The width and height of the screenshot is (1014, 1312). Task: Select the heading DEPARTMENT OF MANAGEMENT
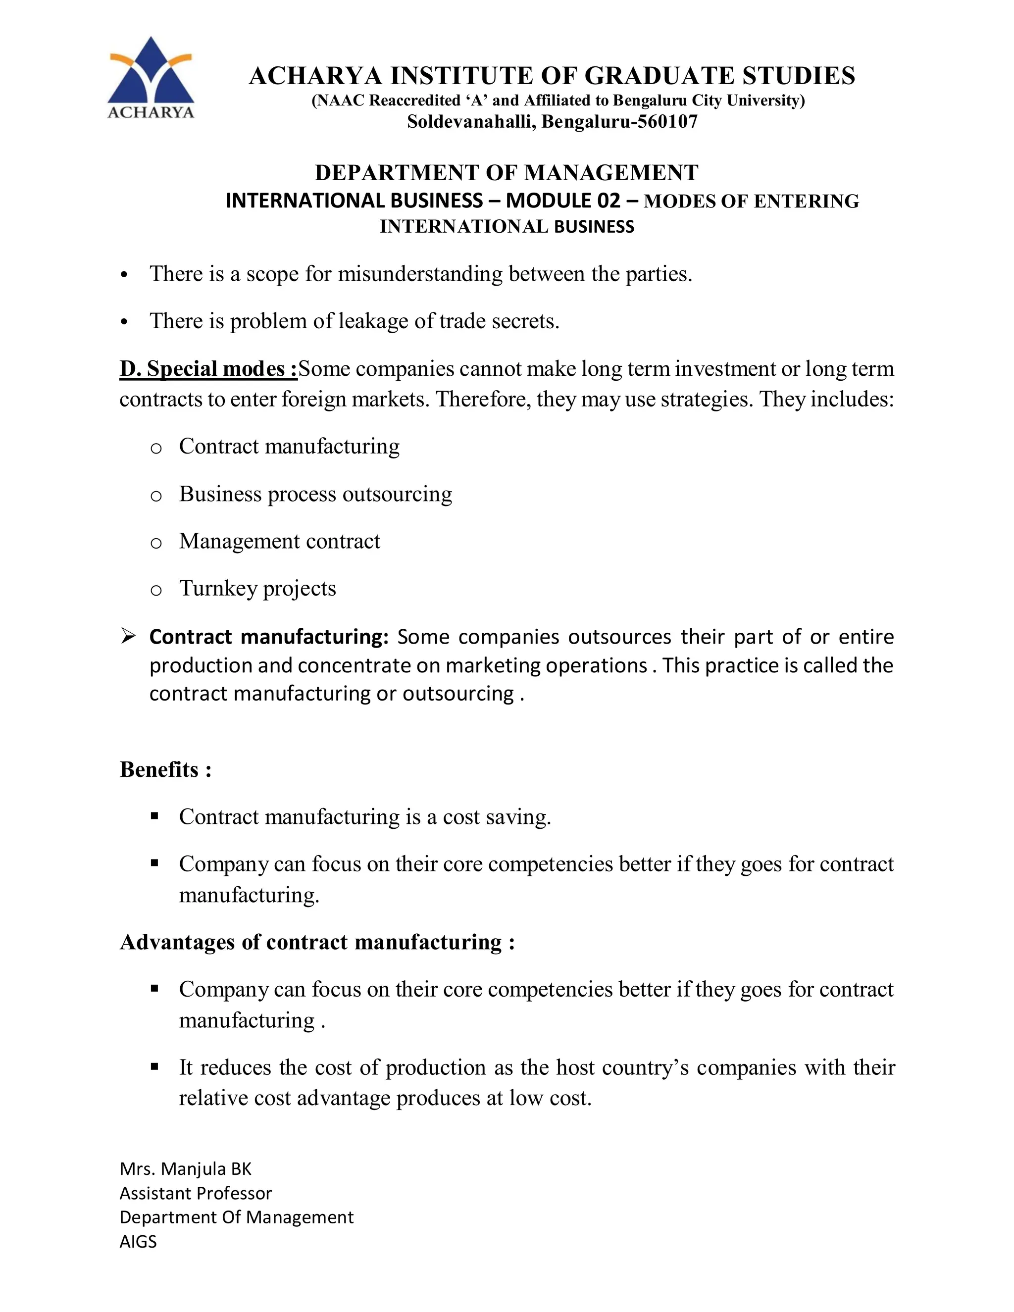tap(506, 173)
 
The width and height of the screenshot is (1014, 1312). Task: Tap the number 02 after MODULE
tap(608, 201)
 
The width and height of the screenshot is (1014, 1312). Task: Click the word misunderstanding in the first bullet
tap(420, 274)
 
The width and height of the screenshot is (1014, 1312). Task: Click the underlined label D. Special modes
tap(208, 368)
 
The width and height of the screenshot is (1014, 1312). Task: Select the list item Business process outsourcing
tap(315, 494)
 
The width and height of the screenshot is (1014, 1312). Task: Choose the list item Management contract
tap(279, 541)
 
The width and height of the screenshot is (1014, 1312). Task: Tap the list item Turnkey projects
tap(257, 589)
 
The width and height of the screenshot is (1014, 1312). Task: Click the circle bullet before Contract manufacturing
tap(155, 448)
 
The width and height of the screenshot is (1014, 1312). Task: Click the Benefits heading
tap(165, 769)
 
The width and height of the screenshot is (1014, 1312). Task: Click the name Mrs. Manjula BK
tap(185, 1168)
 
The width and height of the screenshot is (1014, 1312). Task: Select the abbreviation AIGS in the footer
tap(138, 1242)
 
